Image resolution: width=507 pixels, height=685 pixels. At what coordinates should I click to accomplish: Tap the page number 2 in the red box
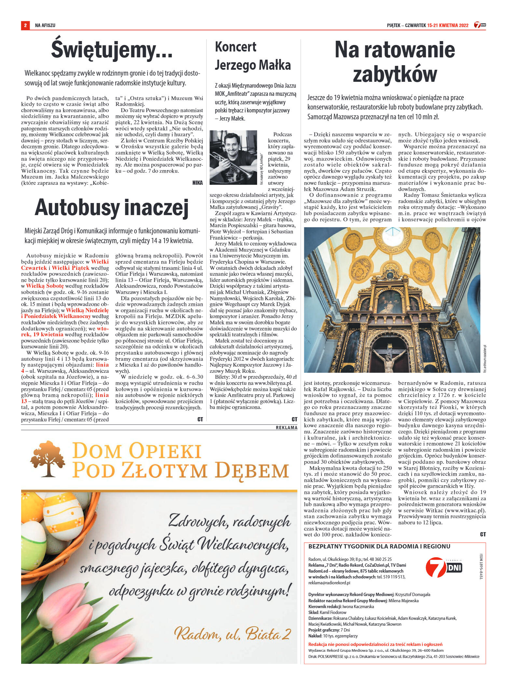pos(25,25)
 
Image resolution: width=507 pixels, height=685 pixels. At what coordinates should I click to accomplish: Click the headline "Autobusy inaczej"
pos(112,208)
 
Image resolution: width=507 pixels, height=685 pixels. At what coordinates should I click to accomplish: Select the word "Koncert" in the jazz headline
pos(236,47)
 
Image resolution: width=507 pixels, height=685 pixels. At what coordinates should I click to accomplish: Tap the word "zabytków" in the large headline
pos(395,75)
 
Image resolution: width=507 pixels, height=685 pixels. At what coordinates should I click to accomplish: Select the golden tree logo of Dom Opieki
pos(48,459)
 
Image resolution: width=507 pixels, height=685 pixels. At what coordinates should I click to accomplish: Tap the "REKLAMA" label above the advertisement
pos(286,428)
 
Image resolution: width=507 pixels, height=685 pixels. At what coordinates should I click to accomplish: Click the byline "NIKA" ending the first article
pos(198,183)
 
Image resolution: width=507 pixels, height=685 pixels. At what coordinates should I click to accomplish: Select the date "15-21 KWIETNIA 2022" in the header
pos(448,25)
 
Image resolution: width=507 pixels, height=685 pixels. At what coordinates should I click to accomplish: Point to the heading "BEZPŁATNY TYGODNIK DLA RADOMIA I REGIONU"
pos(379,547)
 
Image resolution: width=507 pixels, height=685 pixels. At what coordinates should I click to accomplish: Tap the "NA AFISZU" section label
pos(45,25)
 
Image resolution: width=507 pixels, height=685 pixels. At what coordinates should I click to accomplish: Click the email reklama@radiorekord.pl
pos(329,583)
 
